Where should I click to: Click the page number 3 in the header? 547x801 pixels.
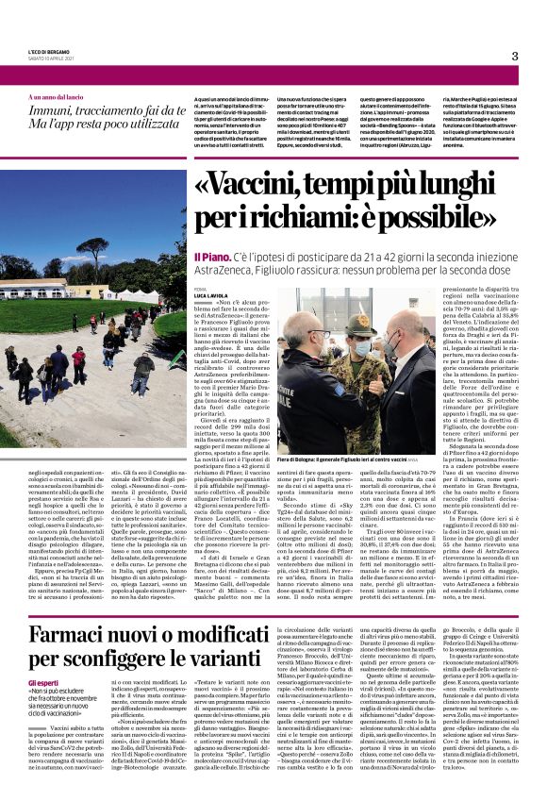coord(515,56)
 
